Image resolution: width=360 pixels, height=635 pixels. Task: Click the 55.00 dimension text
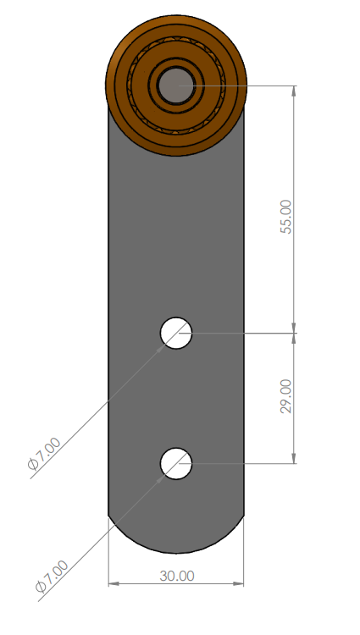(x=286, y=217)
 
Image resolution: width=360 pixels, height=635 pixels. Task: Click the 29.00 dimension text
(x=286, y=396)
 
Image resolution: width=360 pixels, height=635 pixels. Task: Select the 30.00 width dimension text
(x=177, y=576)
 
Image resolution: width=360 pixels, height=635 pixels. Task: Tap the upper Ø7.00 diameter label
(x=44, y=454)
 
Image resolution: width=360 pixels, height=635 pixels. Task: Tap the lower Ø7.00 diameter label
(x=52, y=577)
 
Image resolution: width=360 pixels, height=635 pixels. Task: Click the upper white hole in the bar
(x=176, y=333)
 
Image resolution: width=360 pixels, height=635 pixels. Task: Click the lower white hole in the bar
(x=176, y=463)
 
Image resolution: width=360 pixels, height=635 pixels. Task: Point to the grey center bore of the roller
(x=175, y=86)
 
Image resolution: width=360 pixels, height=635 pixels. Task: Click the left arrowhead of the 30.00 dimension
(x=114, y=583)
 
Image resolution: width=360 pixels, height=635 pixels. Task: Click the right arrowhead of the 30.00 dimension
(x=238, y=583)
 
